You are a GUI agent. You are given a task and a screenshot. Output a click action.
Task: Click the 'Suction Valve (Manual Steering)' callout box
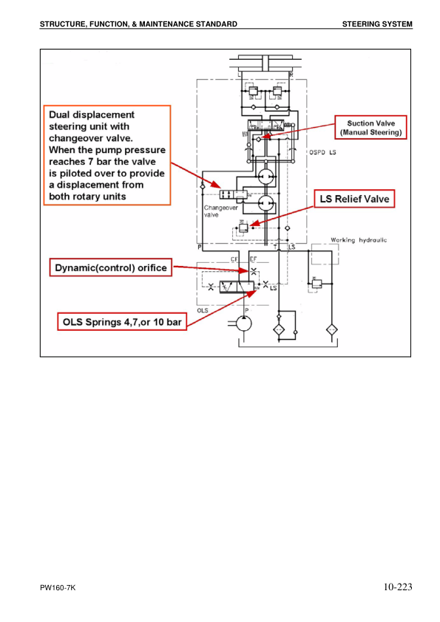point(370,127)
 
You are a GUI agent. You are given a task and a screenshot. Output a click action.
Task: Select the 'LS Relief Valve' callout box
point(352,199)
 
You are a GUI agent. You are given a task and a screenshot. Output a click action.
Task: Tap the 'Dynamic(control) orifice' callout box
point(109,267)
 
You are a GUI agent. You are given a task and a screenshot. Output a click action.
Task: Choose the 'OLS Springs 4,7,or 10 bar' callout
point(121,321)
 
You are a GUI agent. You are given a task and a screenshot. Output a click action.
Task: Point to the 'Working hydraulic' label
point(359,240)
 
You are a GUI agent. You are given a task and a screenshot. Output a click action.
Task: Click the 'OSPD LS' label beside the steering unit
point(321,152)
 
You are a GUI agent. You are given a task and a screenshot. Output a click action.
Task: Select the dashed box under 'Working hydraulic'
point(325,255)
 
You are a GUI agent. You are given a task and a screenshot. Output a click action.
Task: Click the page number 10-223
point(397,587)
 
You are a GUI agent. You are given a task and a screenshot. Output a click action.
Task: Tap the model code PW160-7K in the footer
point(58,588)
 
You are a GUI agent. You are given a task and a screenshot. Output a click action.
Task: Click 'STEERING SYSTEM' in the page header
point(377,24)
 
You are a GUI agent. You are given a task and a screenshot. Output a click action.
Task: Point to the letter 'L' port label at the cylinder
point(239,75)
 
